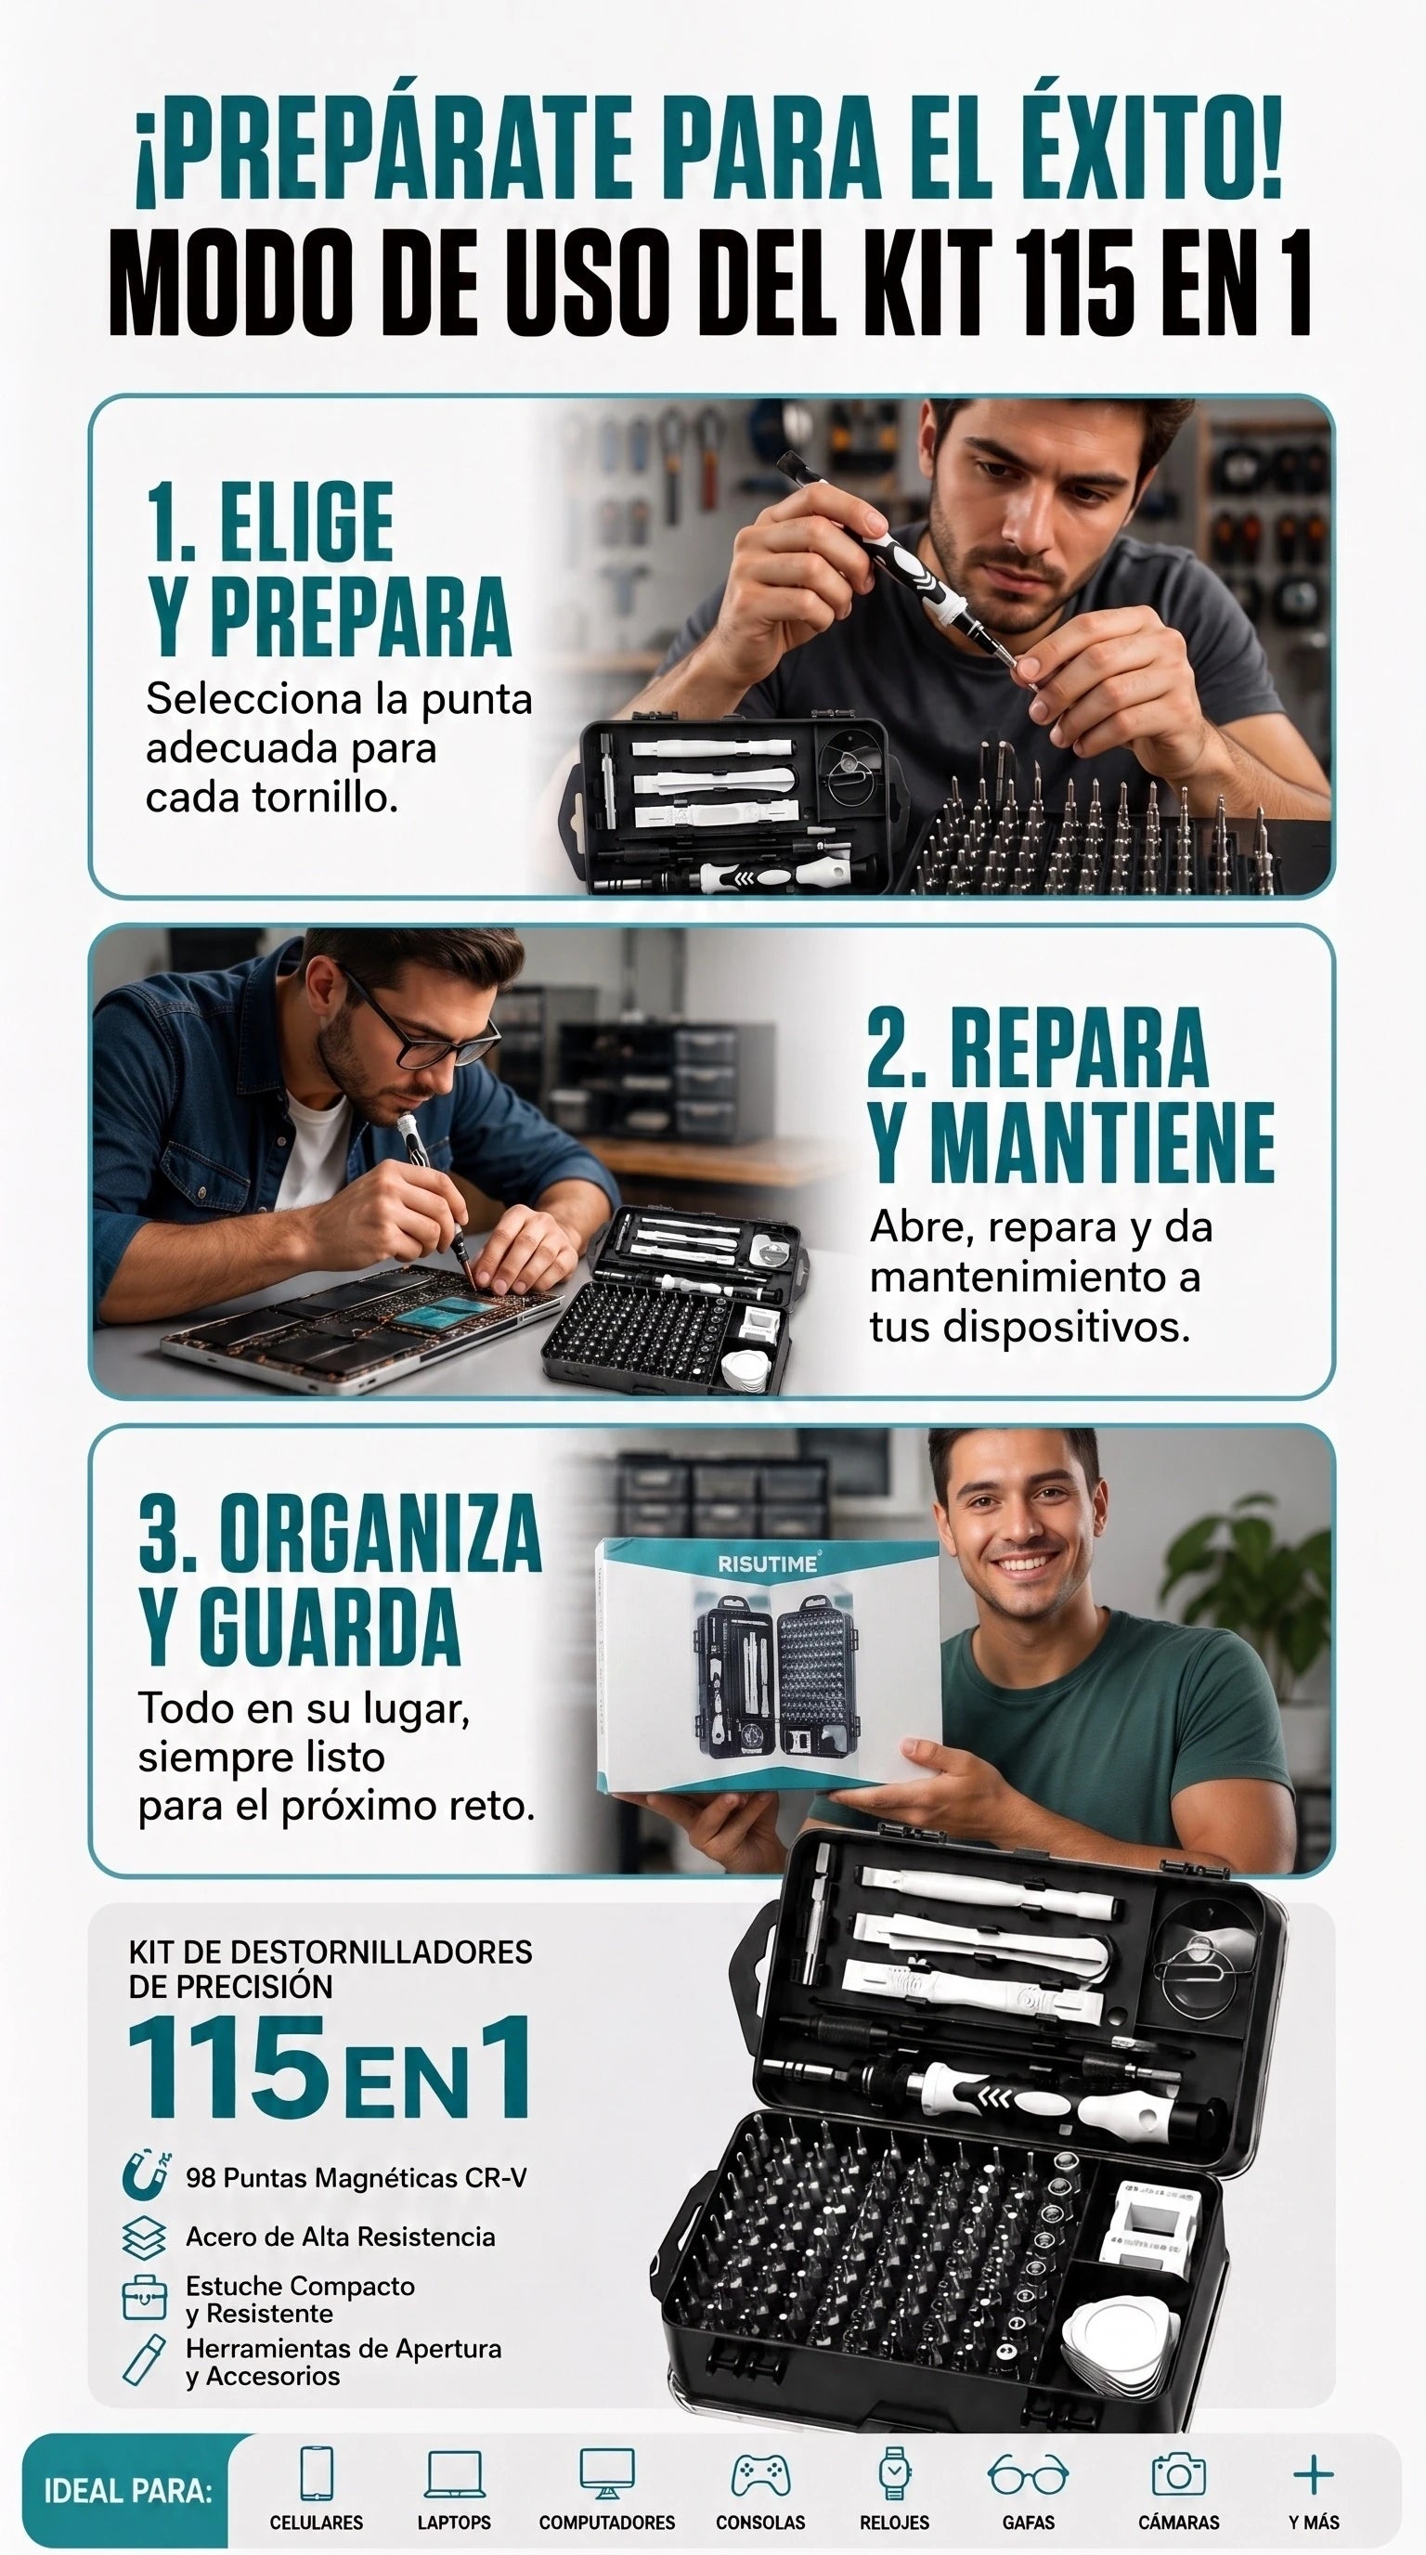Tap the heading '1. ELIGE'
click(270, 523)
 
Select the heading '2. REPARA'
click(1037, 1048)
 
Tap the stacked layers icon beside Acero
click(144, 2238)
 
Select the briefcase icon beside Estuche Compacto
click(144, 2297)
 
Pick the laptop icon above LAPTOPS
click(454, 2473)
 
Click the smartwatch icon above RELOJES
click(893, 2473)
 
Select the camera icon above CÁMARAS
click(1178, 2474)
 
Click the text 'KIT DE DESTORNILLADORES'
click(331, 1952)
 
